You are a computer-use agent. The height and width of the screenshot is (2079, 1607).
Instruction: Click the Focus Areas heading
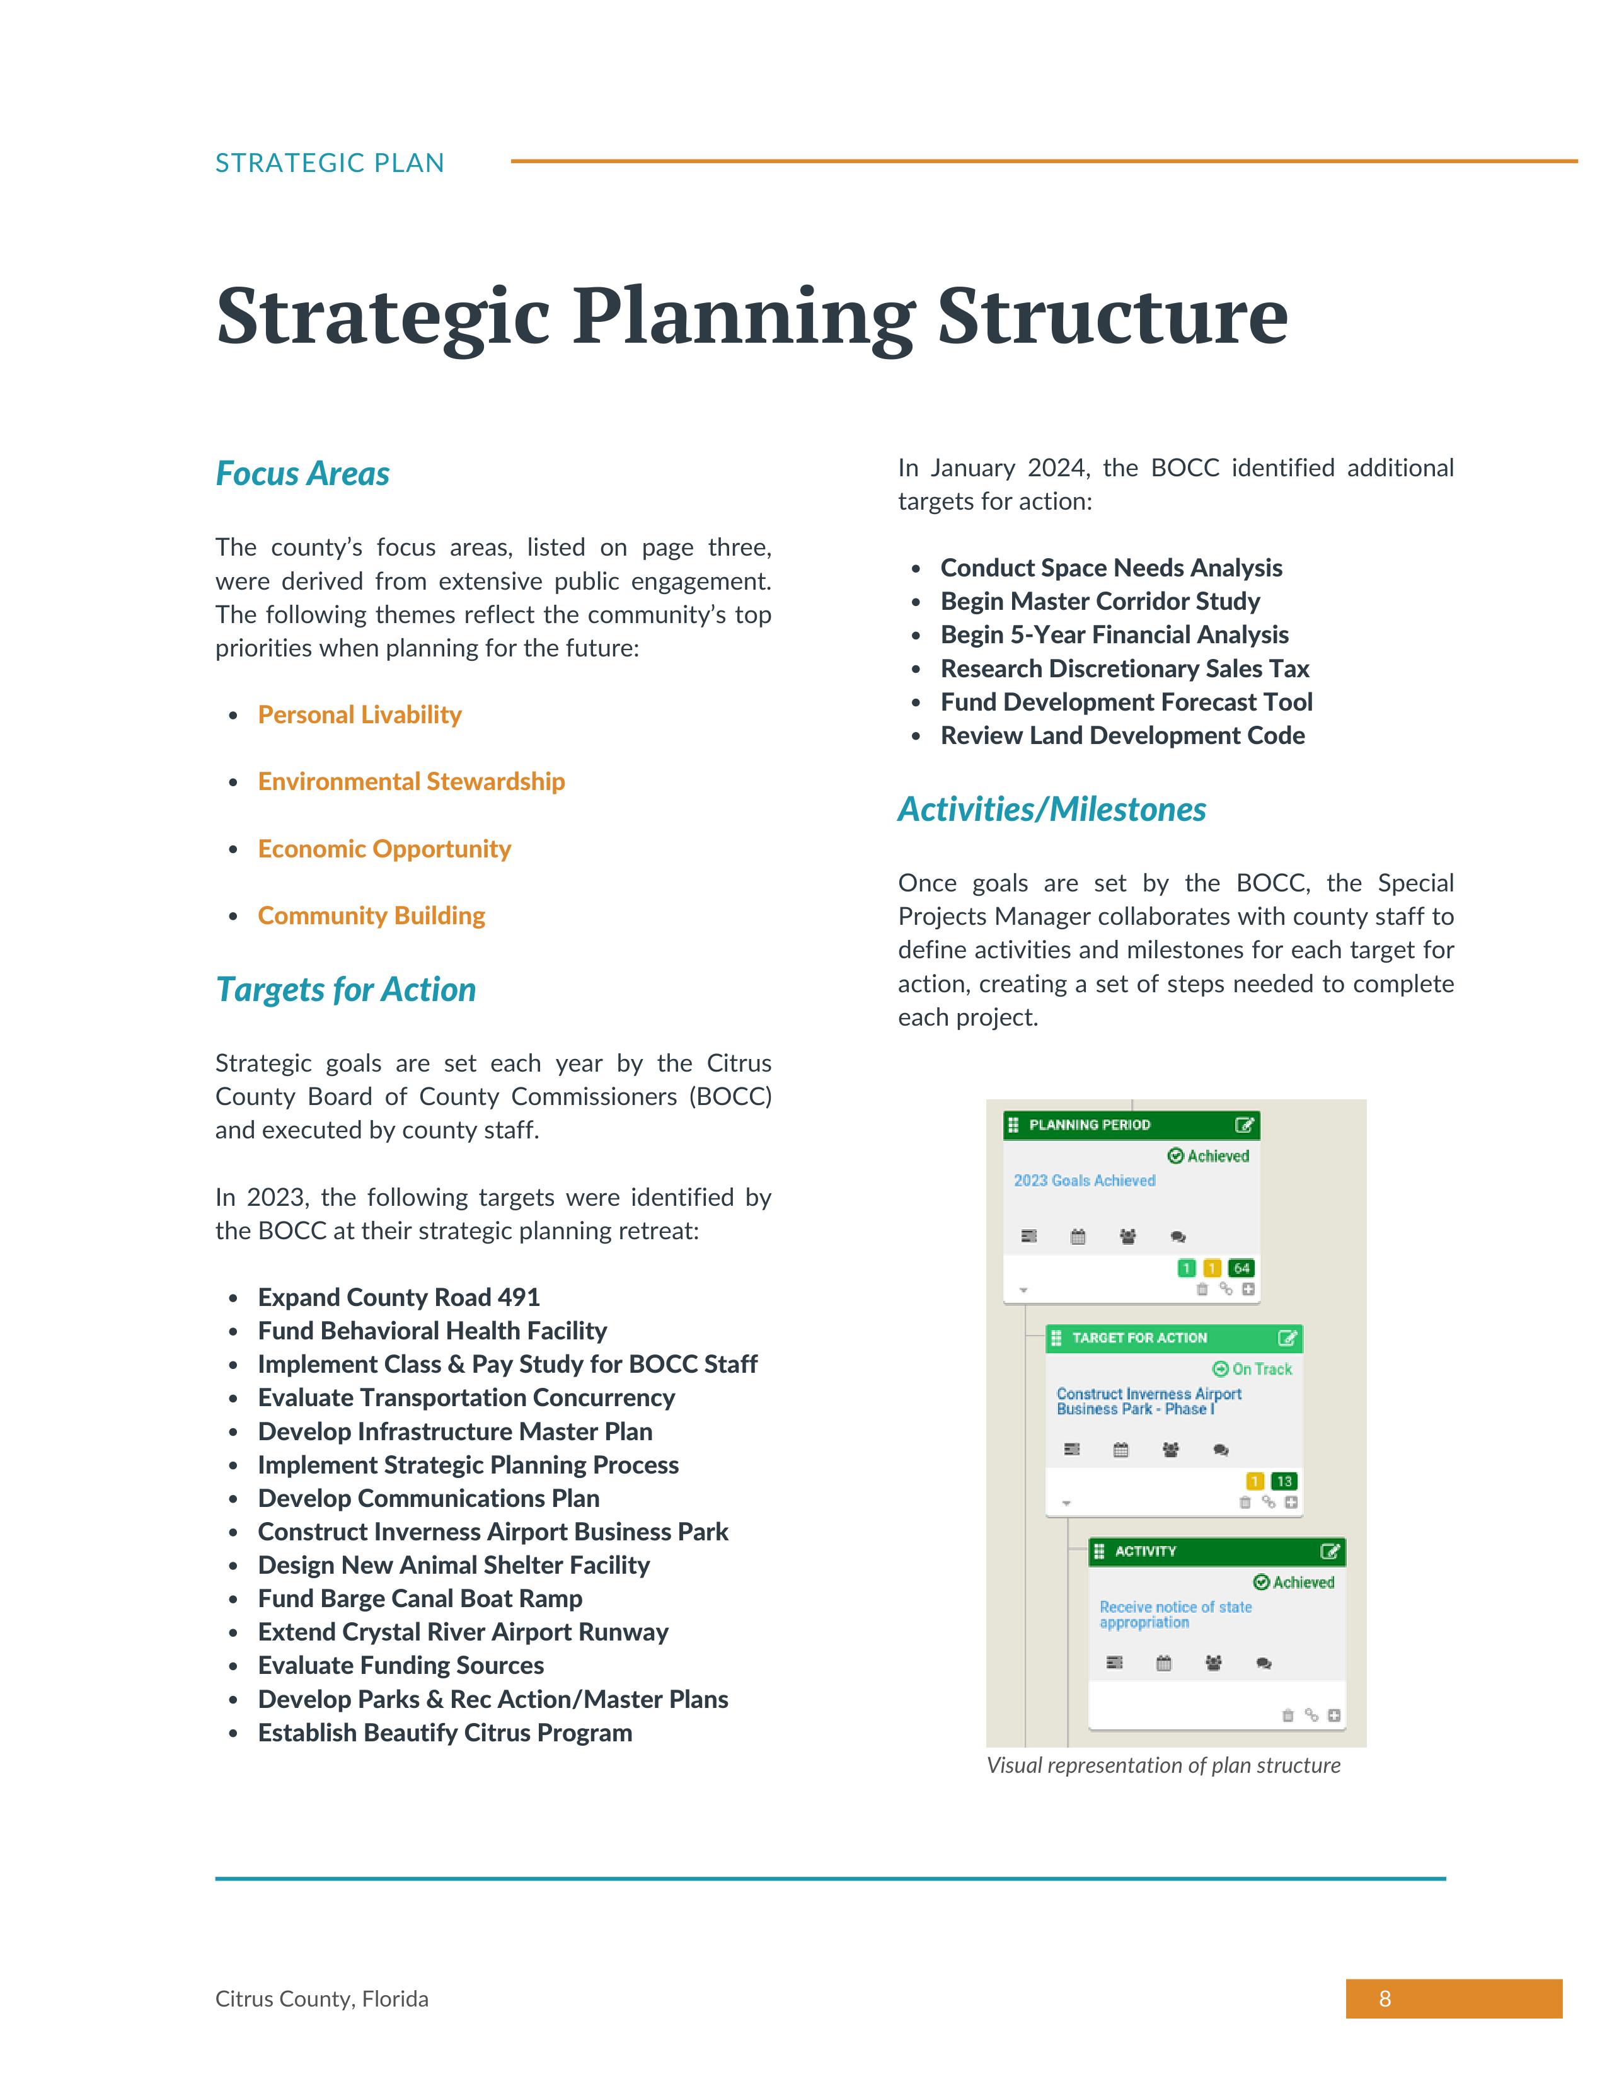point(302,473)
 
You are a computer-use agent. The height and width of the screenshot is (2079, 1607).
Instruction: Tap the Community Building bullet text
point(371,916)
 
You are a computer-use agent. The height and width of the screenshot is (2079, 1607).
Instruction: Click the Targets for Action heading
point(345,989)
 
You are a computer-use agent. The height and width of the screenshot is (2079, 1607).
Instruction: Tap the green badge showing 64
point(1241,1268)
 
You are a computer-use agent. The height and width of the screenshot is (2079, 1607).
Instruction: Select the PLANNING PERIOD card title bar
point(1124,1125)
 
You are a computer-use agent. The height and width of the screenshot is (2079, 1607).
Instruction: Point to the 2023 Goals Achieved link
point(1085,1181)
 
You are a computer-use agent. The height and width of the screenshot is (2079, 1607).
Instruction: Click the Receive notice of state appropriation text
point(1175,1615)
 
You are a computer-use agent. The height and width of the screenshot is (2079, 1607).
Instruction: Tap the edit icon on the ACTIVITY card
point(1330,1552)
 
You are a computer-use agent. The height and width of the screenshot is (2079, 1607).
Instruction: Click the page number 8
point(1385,1999)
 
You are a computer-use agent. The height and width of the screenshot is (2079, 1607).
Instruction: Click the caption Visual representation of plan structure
point(1163,1766)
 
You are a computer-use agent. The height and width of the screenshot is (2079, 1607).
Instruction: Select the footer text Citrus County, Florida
point(322,1999)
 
